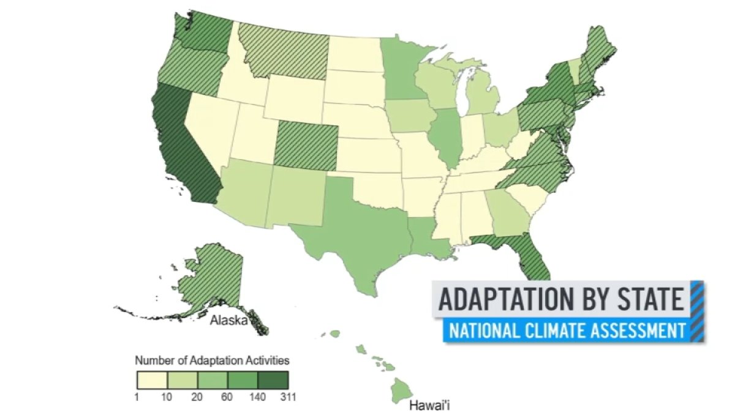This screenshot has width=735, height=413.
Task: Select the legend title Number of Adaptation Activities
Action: click(212, 360)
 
